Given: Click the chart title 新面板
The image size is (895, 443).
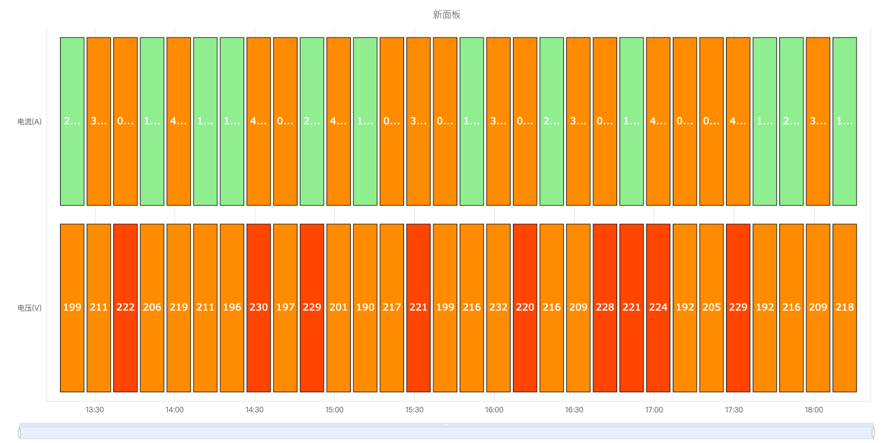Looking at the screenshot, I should [446, 15].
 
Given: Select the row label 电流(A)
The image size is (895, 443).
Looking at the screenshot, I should [29, 121].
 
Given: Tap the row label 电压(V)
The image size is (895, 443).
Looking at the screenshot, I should [29, 308].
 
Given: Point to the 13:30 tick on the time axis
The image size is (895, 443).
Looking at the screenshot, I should [95, 410].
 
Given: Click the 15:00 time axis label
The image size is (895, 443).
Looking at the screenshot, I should [334, 410].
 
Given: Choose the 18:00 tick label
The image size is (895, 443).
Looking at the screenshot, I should [814, 410].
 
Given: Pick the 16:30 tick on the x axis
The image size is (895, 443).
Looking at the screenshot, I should [574, 410].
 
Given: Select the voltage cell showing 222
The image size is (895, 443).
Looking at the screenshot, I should [125, 308].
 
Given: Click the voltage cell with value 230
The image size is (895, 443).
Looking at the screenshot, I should [258, 308].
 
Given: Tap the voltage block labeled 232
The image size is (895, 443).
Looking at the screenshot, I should [498, 308].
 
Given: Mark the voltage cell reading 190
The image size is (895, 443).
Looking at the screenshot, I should [365, 308].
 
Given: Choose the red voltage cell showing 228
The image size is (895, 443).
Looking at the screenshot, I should [605, 308].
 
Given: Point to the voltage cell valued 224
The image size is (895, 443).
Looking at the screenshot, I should [658, 308].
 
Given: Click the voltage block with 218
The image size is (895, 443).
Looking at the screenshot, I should [845, 308].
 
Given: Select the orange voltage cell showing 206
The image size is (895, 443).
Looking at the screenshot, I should [152, 308].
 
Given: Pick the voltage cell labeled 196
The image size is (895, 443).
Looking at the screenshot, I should [232, 308].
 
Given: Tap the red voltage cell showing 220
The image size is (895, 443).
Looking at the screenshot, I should [525, 308].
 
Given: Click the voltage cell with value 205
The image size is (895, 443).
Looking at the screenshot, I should [711, 308].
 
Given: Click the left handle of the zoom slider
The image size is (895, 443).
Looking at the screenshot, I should [20, 433].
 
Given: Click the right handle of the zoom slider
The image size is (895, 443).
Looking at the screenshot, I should [873, 433].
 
